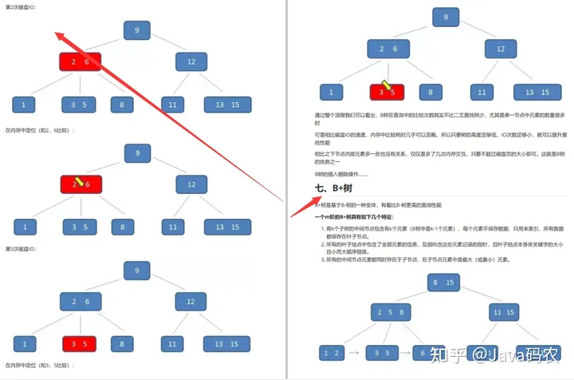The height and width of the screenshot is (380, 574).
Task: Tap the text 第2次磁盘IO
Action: (22, 7)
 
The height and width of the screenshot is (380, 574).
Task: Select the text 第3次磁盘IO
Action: (22, 249)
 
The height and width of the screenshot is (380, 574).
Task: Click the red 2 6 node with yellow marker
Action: (80, 184)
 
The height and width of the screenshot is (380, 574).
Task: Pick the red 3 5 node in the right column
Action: (387, 92)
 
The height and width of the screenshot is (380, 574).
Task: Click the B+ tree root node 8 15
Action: (444, 282)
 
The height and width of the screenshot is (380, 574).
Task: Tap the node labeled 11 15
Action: (503, 312)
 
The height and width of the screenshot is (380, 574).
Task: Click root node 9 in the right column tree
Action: (445, 17)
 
